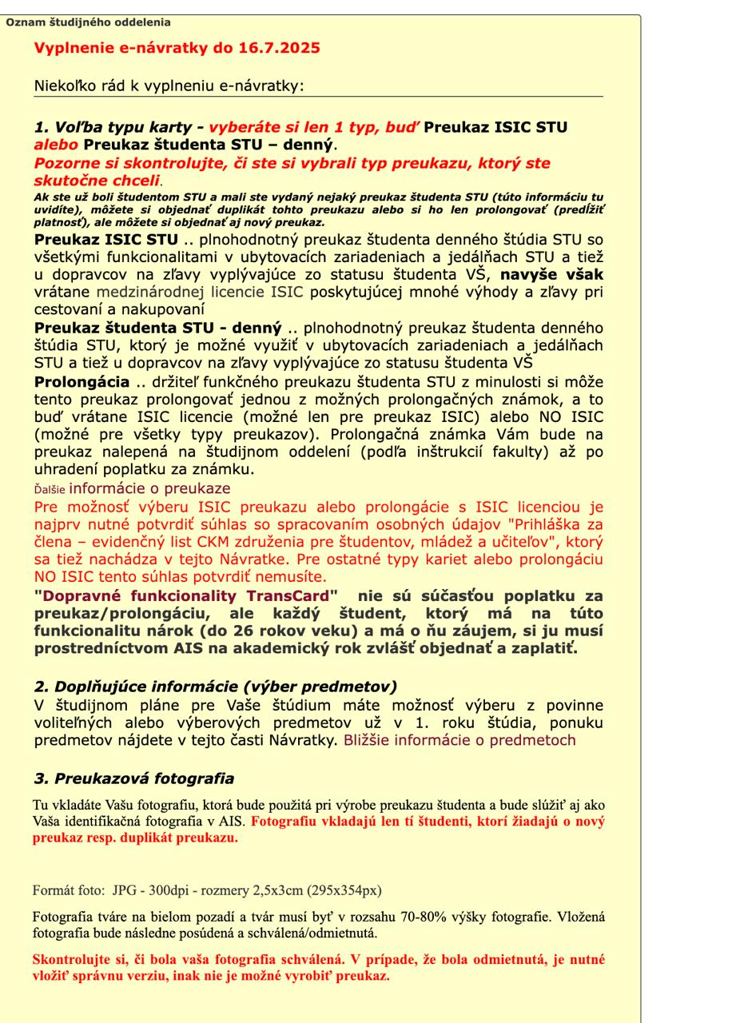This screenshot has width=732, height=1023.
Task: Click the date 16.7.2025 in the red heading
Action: [x=277, y=48]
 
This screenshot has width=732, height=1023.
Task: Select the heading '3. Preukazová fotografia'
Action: [x=134, y=778]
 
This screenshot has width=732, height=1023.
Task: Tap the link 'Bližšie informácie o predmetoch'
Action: [x=459, y=739]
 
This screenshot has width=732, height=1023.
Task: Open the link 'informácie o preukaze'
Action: [x=149, y=488]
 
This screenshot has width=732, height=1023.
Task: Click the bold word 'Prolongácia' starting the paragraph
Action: [x=82, y=382]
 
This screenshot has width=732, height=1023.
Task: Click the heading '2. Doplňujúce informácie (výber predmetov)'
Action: [x=216, y=687]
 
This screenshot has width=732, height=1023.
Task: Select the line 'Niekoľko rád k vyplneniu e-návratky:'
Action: [x=169, y=86]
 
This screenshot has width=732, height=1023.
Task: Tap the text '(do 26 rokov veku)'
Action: [x=284, y=631]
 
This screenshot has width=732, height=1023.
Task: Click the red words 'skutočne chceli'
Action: [x=97, y=181]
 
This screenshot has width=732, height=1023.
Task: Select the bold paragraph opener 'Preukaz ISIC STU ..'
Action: [x=114, y=239]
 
